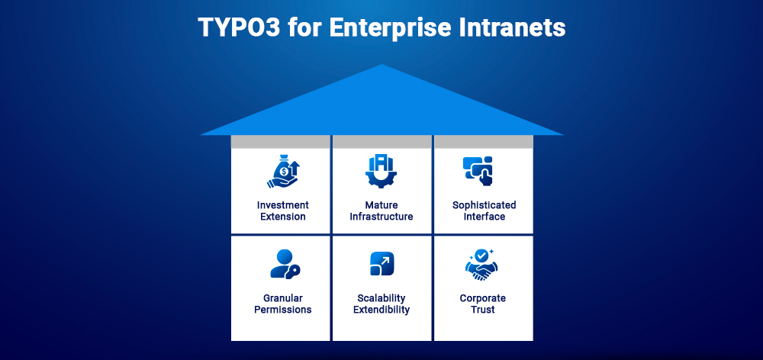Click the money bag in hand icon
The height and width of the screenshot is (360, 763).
283,172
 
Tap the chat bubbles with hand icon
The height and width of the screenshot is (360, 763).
478,170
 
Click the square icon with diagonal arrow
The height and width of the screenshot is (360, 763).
381,264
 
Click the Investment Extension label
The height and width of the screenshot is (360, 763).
283,211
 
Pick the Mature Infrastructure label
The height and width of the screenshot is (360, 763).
381,211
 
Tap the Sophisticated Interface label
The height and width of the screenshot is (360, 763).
484,211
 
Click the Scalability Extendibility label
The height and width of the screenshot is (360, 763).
381,304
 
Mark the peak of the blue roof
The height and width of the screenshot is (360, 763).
381,66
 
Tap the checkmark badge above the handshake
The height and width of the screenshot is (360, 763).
481,255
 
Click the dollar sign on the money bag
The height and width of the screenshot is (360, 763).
284,172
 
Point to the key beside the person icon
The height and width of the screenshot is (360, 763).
293,270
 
